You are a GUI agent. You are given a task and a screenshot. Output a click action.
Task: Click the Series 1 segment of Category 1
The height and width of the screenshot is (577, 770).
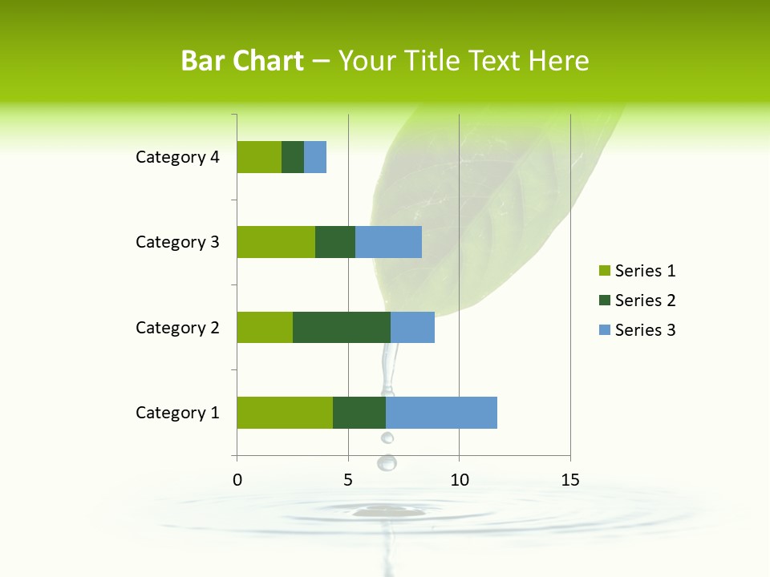(285, 413)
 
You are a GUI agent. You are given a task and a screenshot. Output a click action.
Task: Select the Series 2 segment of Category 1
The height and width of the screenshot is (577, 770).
(359, 413)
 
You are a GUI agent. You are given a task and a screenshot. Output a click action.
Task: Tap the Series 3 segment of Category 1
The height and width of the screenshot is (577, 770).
(441, 413)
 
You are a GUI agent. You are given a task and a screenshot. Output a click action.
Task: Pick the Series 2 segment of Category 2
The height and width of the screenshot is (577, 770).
(342, 327)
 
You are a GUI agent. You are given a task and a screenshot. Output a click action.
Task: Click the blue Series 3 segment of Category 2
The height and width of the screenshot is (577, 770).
(412, 327)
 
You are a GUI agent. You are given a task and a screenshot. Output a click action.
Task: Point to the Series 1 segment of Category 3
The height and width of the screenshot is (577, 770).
(276, 242)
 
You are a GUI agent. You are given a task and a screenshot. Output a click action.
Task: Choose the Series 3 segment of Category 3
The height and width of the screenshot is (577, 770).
(388, 242)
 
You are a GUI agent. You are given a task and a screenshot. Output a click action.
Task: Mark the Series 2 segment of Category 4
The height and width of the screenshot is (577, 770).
(293, 157)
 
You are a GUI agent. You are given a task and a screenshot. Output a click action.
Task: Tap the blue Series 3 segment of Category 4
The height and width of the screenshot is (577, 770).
(315, 157)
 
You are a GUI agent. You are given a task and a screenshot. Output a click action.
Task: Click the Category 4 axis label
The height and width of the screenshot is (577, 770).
(177, 157)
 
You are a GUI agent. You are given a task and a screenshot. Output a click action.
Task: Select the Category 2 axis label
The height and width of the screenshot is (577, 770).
(177, 327)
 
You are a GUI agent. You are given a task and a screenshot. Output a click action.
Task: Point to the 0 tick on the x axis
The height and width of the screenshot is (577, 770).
(237, 480)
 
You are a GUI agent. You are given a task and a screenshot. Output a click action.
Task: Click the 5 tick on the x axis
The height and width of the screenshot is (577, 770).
(348, 480)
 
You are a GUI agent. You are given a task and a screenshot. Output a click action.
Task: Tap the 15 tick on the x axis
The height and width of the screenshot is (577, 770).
(570, 480)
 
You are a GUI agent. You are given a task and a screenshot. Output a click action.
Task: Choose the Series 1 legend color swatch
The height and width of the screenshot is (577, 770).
(604, 271)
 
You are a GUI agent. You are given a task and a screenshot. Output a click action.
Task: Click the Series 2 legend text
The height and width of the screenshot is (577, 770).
(646, 301)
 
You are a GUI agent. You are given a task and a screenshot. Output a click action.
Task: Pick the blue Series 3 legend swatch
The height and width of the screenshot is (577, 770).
(604, 330)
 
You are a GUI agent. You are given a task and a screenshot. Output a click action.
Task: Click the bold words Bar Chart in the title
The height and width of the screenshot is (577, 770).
(242, 61)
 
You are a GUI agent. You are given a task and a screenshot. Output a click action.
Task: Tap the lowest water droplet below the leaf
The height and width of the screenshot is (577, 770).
(387, 462)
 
